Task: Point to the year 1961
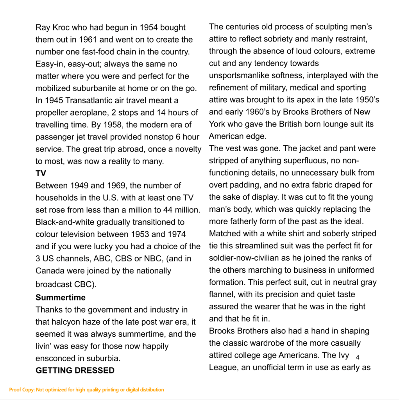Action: point(89,40)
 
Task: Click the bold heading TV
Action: point(41,173)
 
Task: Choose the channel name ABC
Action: point(101,259)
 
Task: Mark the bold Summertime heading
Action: point(60,297)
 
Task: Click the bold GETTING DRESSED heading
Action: point(75,370)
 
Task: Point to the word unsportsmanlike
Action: point(242,75)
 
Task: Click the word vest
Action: point(231,148)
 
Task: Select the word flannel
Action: point(221,294)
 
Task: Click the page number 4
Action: point(357,357)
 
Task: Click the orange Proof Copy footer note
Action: point(86,389)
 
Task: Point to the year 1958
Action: point(114,125)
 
